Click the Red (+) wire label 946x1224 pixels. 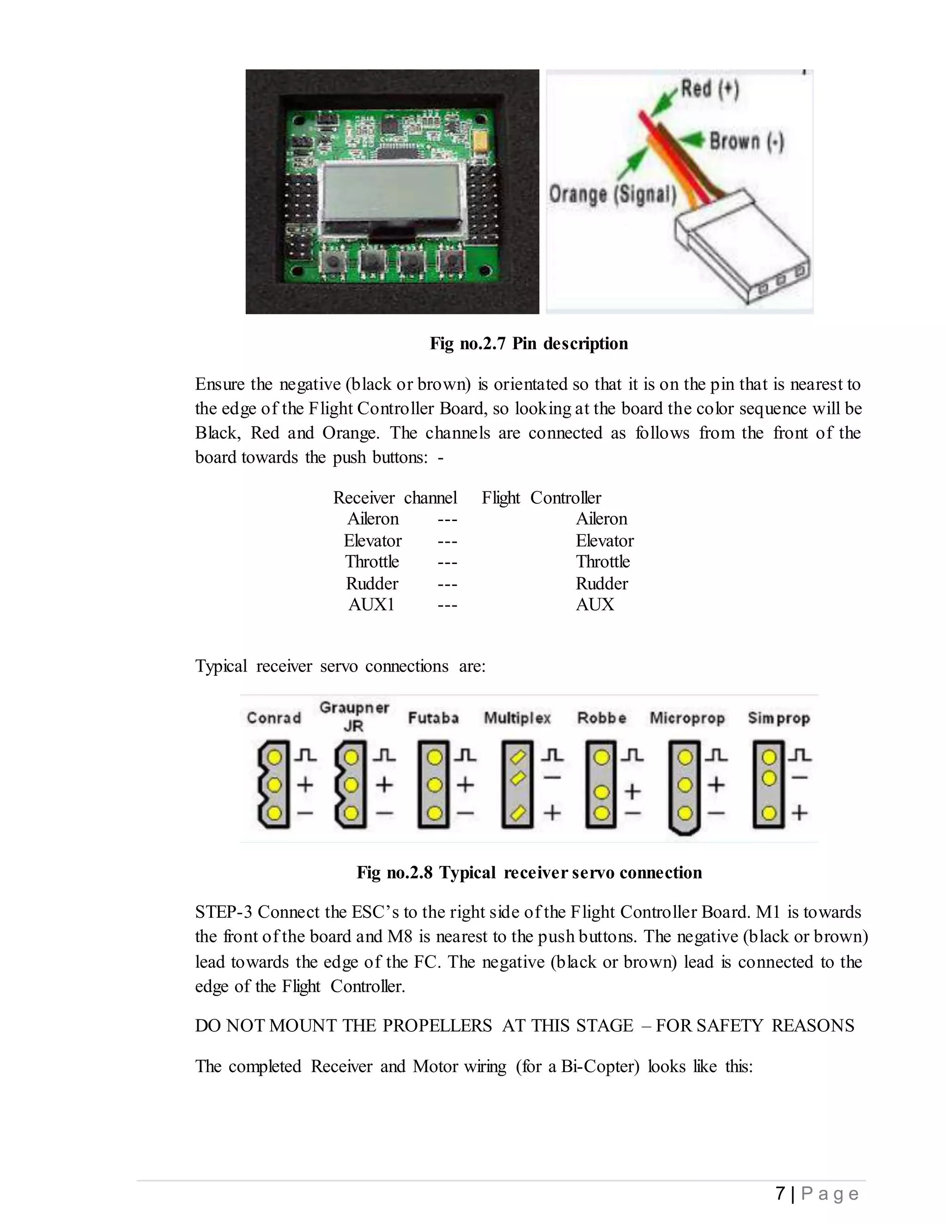click(x=710, y=89)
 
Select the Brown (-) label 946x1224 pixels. click(x=746, y=141)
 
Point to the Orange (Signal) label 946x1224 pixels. click(x=612, y=194)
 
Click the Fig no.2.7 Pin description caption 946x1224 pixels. click(x=528, y=343)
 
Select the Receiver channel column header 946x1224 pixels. click(x=394, y=497)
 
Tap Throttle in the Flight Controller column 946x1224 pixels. click(x=602, y=562)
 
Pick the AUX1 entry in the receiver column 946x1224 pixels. click(x=371, y=605)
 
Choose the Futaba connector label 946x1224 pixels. click(x=433, y=718)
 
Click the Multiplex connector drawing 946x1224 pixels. click(x=517, y=784)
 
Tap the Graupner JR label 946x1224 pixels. click(x=354, y=716)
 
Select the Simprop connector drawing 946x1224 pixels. click(x=769, y=784)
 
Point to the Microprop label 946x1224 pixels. click(x=687, y=718)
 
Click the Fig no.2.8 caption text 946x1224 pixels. click(x=528, y=873)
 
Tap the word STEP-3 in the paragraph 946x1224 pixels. click(x=223, y=912)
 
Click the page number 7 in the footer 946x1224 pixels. click(x=780, y=1193)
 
